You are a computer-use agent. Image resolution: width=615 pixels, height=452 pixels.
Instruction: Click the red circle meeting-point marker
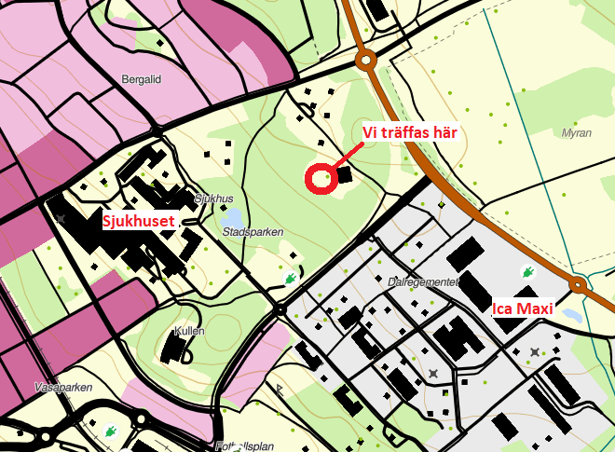tap(320, 178)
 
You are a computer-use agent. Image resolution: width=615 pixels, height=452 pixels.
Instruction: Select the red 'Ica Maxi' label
tap(523, 308)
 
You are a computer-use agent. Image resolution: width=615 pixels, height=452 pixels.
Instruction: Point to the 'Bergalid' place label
tap(142, 80)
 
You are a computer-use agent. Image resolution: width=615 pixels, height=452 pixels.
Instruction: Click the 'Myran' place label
tap(577, 133)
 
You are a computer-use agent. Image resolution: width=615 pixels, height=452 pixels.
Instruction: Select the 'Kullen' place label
tap(190, 332)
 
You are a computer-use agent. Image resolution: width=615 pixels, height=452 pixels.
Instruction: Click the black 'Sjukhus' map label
tap(213, 199)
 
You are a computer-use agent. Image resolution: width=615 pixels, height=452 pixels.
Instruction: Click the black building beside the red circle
tap(345, 174)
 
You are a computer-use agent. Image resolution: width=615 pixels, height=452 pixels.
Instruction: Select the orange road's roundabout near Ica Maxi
tap(578, 285)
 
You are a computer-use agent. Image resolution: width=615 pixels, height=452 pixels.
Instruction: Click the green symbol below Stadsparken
tap(291, 278)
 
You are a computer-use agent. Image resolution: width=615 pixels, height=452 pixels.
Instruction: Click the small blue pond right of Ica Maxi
tap(574, 317)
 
